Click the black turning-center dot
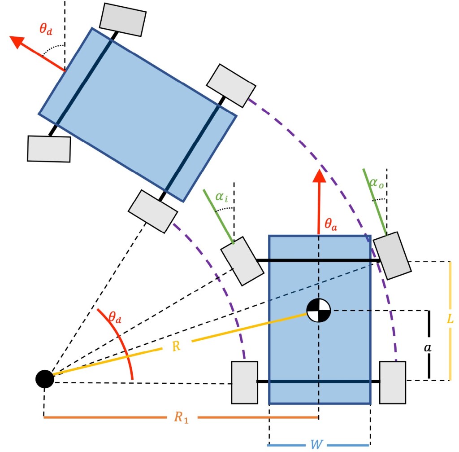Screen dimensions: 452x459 45,379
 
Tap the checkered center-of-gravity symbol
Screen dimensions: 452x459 319,310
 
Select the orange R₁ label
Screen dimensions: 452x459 181,417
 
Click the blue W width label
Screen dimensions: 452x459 318,445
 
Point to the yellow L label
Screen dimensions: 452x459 450,319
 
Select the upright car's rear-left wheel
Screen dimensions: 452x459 244,382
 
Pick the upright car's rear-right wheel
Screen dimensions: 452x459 393,382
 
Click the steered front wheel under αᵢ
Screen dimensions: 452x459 242,261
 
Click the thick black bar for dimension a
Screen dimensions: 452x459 429,344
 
